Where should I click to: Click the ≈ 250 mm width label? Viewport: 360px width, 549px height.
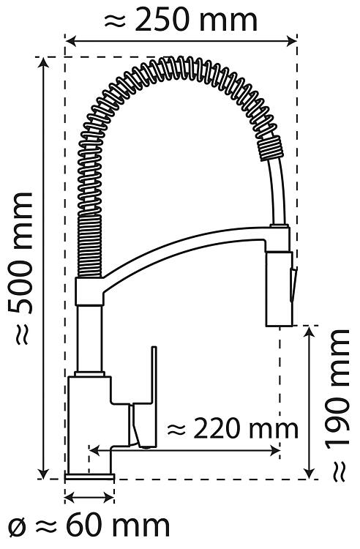[x=181, y=20]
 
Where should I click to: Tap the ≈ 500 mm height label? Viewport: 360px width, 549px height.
[x=23, y=269]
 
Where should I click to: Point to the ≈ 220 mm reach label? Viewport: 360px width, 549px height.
[x=232, y=428]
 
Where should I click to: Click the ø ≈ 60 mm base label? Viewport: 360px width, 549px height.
[x=89, y=526]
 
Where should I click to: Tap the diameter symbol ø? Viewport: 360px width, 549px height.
[x=17, y=526]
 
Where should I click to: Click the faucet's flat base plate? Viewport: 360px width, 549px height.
[x=89, y=477]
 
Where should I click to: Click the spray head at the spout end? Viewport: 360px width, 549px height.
[x=279, y=288]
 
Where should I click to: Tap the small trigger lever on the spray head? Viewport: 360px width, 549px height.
[x=293, y=283]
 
